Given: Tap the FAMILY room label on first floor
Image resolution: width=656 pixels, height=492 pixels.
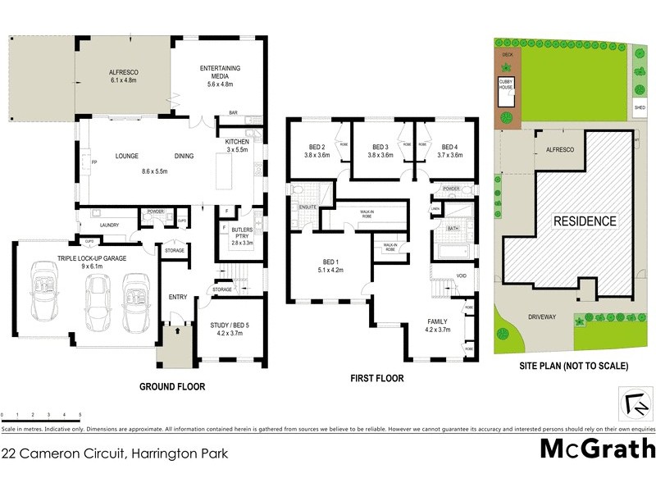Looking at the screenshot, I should (439, 326).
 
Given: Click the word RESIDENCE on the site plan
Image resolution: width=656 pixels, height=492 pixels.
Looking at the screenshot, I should (584, 221).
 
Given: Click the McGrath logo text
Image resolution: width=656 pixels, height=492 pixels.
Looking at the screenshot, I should (598, 448).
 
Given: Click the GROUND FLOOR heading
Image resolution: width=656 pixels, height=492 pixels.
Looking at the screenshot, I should (172, 386).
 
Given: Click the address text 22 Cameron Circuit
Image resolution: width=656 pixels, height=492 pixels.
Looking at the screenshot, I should (115, 452).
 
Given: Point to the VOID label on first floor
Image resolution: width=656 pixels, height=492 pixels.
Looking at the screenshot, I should (462, 276).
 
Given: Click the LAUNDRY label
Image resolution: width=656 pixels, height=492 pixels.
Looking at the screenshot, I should (110, 225).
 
